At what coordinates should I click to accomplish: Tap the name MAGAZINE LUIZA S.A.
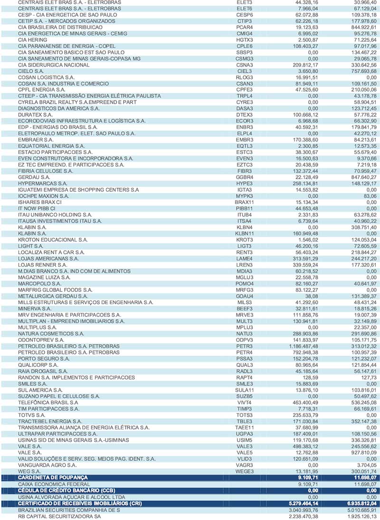44,277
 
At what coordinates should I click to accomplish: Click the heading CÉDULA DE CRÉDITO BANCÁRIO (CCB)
66,490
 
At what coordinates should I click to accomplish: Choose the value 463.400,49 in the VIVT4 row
303,402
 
